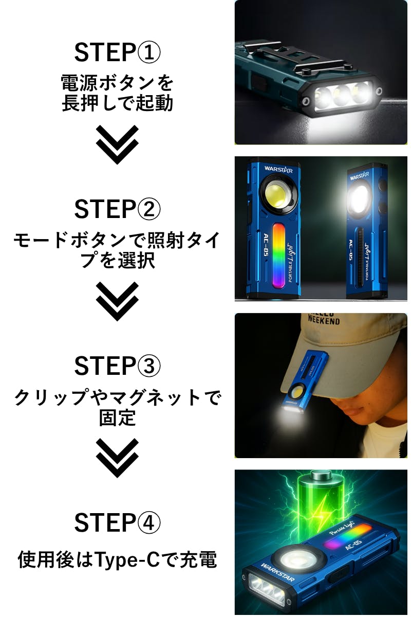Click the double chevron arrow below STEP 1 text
(117, 144)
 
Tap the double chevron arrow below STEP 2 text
(117, 301)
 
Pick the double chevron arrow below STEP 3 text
(117, 458)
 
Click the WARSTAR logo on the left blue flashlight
(278, 169)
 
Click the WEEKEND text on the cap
(324, 320)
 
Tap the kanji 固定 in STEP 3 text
(117, 418)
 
